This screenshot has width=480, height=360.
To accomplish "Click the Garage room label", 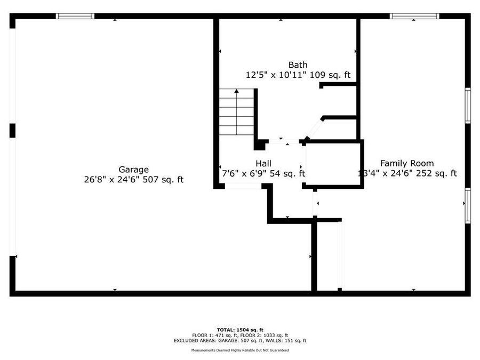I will (x=133, y=170).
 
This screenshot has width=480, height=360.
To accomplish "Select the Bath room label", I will (x=298, y=65).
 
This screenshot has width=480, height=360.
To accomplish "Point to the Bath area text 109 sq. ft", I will (x=332, y=75).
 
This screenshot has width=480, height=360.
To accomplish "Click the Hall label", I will (x=263, y=164).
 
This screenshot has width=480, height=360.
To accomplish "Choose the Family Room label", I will (x=406, y=163).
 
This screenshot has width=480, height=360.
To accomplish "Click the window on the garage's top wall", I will (x=75, y=16).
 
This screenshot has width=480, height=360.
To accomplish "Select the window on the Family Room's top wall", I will (x=414, y=16).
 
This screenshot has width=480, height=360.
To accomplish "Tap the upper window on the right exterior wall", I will (x=468, y=106).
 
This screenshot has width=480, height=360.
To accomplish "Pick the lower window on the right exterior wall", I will (x=468, y=205).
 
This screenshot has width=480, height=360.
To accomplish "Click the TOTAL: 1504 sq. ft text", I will (x=240, y=330).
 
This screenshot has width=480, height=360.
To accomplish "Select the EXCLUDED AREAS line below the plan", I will (x=240, y=340).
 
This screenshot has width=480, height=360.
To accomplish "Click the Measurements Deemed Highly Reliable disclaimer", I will (x=240, y=350).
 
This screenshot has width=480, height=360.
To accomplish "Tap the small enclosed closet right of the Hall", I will (x=333, y=164).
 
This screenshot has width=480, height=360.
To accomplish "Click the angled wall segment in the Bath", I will (x=314, y=129).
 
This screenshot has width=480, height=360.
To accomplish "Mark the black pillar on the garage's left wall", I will (x=12, y=130).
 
